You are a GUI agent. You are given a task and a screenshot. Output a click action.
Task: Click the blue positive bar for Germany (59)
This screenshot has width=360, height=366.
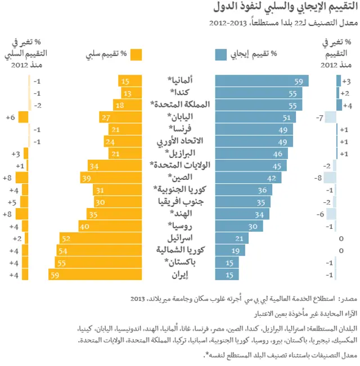[x=262, y=81]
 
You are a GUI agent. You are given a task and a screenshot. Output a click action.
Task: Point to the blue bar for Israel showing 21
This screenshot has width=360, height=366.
[x=232, y=238]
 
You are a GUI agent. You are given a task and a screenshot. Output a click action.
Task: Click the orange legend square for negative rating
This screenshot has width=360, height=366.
[x=136, y=55]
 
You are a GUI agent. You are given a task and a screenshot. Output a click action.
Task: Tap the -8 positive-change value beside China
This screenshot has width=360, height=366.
[x=318, y=178]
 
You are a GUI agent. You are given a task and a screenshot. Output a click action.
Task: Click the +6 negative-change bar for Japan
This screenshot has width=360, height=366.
[x=23, y=117]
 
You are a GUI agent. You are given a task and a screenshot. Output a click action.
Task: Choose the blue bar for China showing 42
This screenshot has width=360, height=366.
[x=249, y=178]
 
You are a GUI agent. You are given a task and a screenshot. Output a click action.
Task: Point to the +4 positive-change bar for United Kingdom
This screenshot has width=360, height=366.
[x=339, y=105]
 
